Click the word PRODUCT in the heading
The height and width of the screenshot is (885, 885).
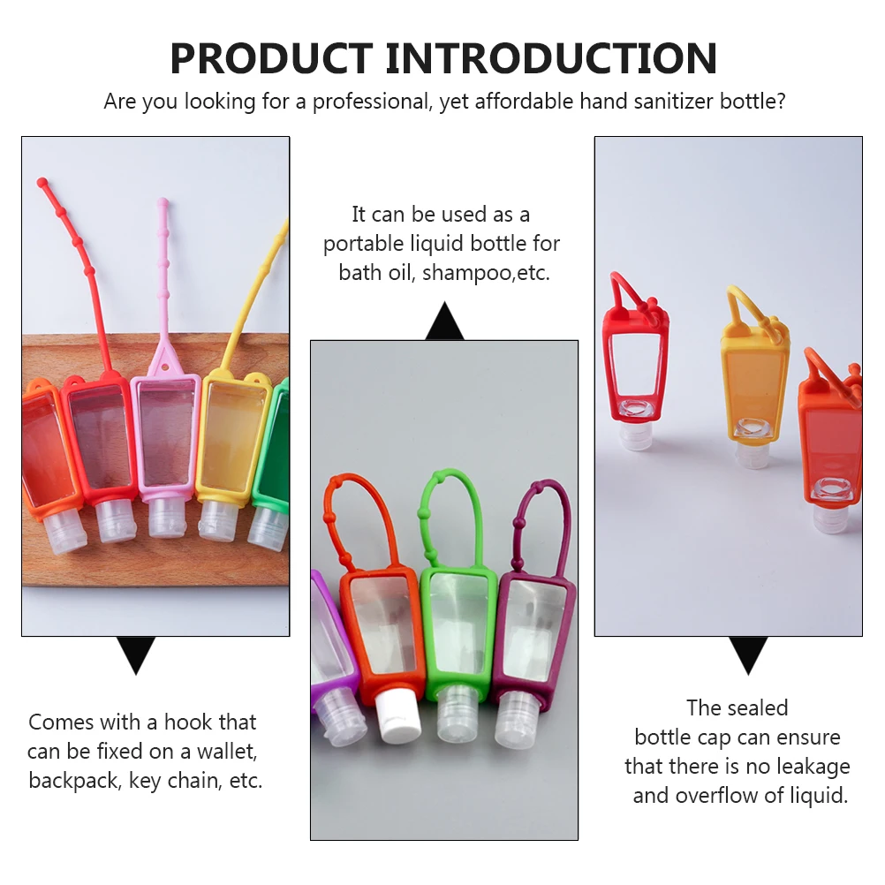[x=271, y=58]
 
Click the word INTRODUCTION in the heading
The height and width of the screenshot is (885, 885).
[x=551, y=58]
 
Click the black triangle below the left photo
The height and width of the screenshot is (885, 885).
[x=136, y=654]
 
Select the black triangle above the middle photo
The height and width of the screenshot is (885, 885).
[x=445, y=321]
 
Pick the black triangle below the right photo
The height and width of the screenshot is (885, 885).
[x=748, y=654]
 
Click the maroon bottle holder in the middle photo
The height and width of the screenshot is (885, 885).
[x=533, y=638]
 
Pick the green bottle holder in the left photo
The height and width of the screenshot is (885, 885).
[x=272, y=446]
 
